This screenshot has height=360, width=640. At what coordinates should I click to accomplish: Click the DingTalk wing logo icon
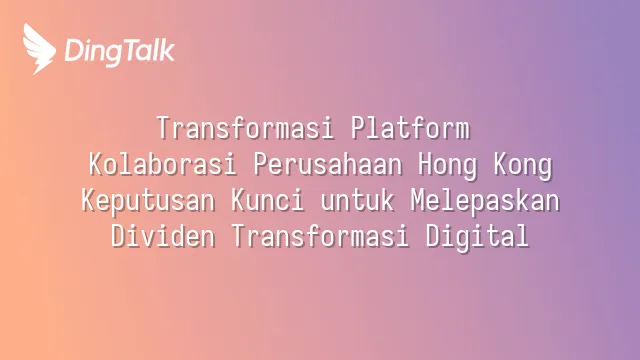click(39, 49)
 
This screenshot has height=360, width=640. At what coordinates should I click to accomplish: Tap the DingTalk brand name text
click(120, 52)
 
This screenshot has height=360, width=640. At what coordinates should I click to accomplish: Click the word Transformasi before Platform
click(245, 128)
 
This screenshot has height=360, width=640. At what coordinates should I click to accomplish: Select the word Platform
click(410, 128)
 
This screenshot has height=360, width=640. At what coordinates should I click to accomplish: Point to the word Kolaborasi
click(162, 164)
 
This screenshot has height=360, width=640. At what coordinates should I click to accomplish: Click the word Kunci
click(267, 200)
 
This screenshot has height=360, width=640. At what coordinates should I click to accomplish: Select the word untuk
click(357, 201)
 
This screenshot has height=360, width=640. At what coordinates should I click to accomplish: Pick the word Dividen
click(163, 236)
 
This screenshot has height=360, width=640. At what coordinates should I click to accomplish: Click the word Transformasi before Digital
click(320, 236)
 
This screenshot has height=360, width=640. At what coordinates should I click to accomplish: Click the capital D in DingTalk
click(73, 51)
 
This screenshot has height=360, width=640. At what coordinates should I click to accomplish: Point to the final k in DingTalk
click(167, 50)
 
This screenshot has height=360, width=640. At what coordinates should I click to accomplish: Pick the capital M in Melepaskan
click(418, 200)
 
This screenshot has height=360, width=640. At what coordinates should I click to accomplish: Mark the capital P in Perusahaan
click(261, 164)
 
